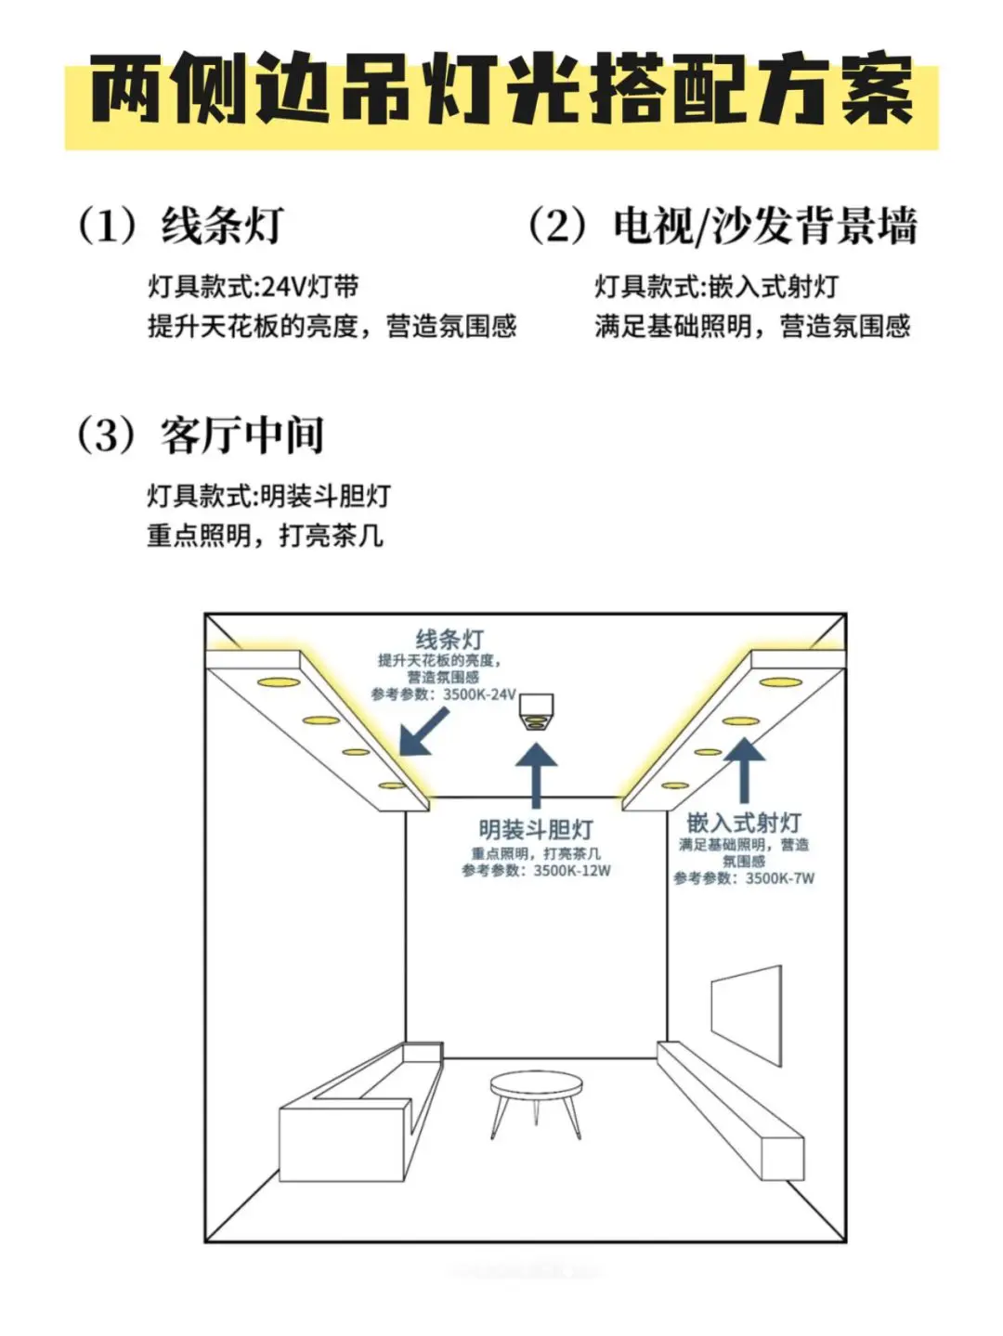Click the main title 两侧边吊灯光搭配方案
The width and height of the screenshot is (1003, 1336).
pyautogui.click(x=501, y=90)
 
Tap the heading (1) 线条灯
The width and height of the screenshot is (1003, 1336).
pyautogui.click(x=181, y=226)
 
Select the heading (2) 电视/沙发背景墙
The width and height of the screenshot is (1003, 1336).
pyautogui.click(x=722, y=226)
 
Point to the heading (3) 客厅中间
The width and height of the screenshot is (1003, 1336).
pyautogui.click(x=201, y=435)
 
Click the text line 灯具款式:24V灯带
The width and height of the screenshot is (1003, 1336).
pyautogui.click(x=253, y=287)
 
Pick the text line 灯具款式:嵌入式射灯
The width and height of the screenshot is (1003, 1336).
pyautogui.click(x=716, y=287)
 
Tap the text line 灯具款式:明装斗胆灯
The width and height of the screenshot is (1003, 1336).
pyautogui.click(x=268, y=496)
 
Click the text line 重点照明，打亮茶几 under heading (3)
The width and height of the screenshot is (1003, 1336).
pyautogui.click(x=265, y=536)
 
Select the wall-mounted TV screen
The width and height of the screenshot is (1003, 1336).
pyautogui.click(x=746, y=1017)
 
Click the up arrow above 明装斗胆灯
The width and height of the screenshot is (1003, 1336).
pyautogui.click(x=536, y=776)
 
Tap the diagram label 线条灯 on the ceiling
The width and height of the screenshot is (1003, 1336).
pyautogui.click(x=449, y=639)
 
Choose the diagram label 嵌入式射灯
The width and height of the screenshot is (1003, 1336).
pyautogui.click(x=744, y=823)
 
